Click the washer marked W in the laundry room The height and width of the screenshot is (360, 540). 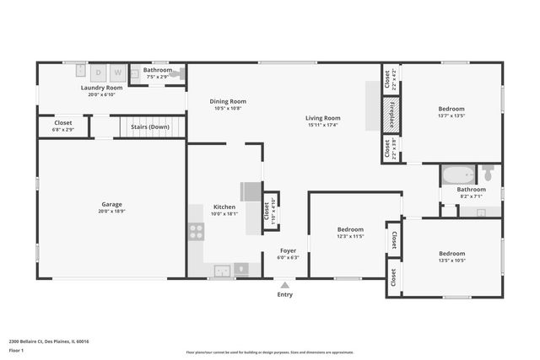tap(117, 73)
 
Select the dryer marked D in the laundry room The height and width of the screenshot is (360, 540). tap(98, 73)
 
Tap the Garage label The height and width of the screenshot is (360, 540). tap(112, 204)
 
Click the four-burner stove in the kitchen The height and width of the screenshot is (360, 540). tap(196, 230)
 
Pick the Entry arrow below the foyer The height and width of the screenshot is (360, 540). tap(285, 285)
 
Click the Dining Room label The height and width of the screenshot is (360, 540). tap(228, 101)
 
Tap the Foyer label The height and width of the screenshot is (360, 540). tap(288, 250)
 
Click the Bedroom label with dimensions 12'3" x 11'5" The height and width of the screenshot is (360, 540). tap(350, 229)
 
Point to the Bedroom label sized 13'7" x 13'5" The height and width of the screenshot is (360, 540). tap(451, 109)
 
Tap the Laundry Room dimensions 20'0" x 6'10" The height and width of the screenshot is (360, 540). tap(101, 94)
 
